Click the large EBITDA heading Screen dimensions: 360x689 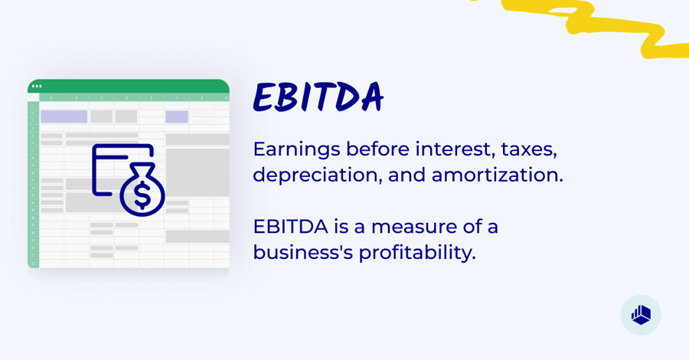pyautogui.click(x=318, y=98)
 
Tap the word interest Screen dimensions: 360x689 pyautogui.click(x=454, y=149)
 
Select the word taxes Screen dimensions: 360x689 pyautogui.click(x=528, y=149)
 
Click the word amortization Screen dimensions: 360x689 pyautogui.click(x=497, y=175)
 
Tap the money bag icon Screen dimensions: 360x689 pyautogui.click(x=142, y=190)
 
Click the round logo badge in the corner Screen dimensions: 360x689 pyautogui.click(x=641, y=315)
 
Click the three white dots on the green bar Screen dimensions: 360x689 pyautogui.click(x=37, y=86)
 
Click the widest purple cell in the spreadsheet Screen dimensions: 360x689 pyautogui.click(x=64, y=116)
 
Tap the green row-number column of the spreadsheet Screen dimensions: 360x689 pyautogui.click(x=33, y=184)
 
